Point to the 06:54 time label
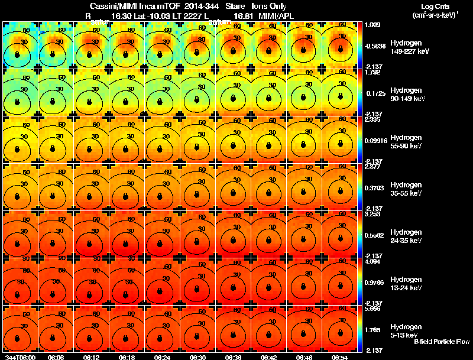(339, 357)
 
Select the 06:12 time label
(91, 357)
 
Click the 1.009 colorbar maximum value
(372, 25)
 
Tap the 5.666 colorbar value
(372, 309)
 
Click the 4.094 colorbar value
(372, 261)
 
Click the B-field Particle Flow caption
(442, 342)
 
